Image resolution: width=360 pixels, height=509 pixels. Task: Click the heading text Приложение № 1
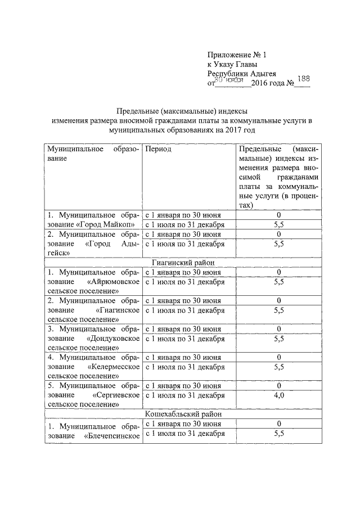[236, 55]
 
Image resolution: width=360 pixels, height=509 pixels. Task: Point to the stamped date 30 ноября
[228, 80]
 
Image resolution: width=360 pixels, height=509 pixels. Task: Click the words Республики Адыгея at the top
[241, 74]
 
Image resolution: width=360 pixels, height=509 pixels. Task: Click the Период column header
[158, 150]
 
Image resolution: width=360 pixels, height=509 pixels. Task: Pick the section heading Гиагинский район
[180, 262]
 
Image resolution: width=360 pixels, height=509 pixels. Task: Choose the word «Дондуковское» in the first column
[114, 339]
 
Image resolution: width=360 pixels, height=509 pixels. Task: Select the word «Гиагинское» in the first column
[118, 310]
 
